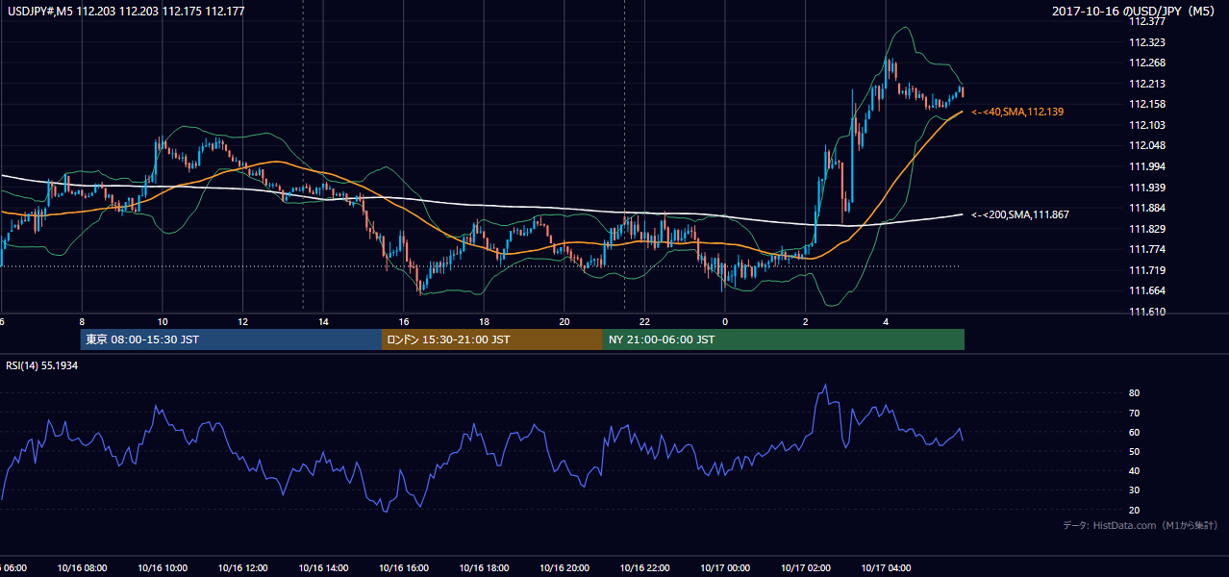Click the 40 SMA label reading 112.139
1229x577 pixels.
click(x=1017, y=112)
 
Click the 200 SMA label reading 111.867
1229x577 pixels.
click(x=1020, y=215)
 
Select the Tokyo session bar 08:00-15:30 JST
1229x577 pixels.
click(x=231, y=339)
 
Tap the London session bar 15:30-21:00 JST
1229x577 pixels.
click(x=492, y=339)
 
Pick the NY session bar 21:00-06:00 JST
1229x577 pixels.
click(x=784, y=339)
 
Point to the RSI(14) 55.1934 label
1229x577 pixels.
click(x=41, y=365)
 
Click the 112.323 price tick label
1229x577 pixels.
click(x=1147, y=42)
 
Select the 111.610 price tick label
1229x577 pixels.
click(x=1147, y=312)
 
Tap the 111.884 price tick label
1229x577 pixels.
click(x=1147, y=208)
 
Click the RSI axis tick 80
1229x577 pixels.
click(x=1134, y=392)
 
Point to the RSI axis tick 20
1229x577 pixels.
click(x=1134, y=510)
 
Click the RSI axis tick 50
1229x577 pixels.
click(x=1134, y=451)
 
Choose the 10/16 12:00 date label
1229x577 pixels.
click(x=243, y=568)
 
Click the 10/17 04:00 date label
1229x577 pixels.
click(x=886, y=568)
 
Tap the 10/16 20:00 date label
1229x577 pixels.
click(x=564, y=568)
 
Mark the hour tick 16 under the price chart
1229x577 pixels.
click(x=404, y=322)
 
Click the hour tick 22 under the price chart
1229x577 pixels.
click(x=644, y=322)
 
